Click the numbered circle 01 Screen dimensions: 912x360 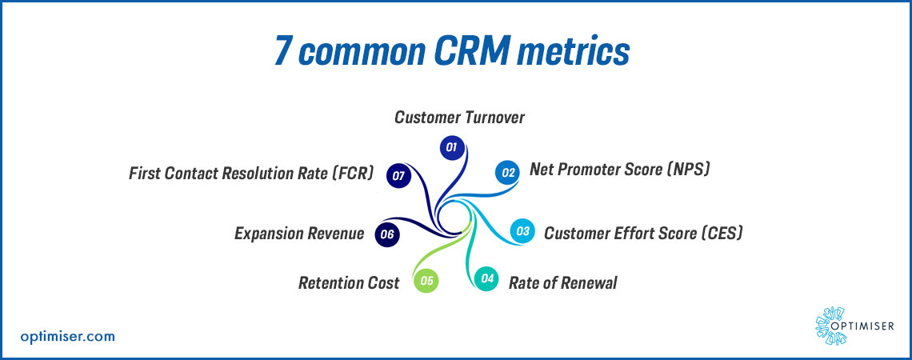(451, 148)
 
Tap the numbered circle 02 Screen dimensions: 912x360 (507, 172)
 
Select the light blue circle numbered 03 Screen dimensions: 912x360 (522, 231)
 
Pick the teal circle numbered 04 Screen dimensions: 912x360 (487, 279)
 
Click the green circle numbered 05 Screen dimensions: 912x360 (426, 281)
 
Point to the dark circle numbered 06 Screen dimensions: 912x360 (387, 234)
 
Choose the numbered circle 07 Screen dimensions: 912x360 (398, 175)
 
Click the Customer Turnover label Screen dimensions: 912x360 (459, 118)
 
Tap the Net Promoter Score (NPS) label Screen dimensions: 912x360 (620, 170)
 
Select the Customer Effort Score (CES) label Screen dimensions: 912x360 (644, 234)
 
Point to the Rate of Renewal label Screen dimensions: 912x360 (563, 282)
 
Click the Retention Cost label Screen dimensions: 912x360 (349, 282)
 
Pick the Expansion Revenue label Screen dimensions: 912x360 (299, 234)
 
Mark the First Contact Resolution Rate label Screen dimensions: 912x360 (250, 174)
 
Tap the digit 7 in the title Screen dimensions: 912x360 (284, 52)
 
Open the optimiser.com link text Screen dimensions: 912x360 (67, 336)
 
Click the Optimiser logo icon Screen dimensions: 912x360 (830, 326)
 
